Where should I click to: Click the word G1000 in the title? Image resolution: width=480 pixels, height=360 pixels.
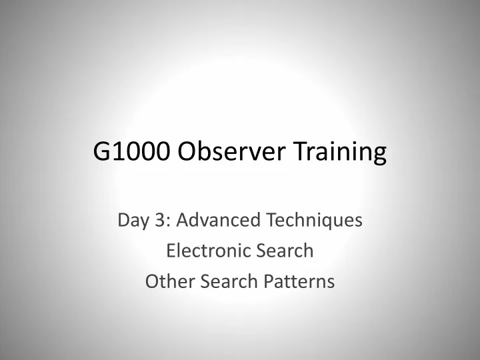131,151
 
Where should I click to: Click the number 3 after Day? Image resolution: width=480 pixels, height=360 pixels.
160,220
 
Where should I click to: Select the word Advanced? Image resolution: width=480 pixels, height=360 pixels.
218,219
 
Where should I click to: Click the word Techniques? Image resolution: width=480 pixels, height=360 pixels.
315,221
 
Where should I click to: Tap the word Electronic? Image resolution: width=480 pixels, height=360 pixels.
209,251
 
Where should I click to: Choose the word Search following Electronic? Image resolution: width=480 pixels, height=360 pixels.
285,251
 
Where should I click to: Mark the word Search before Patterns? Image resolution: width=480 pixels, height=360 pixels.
229,281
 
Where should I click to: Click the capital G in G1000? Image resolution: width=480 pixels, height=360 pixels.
101,151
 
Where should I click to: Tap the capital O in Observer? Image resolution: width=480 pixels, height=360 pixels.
187,151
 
